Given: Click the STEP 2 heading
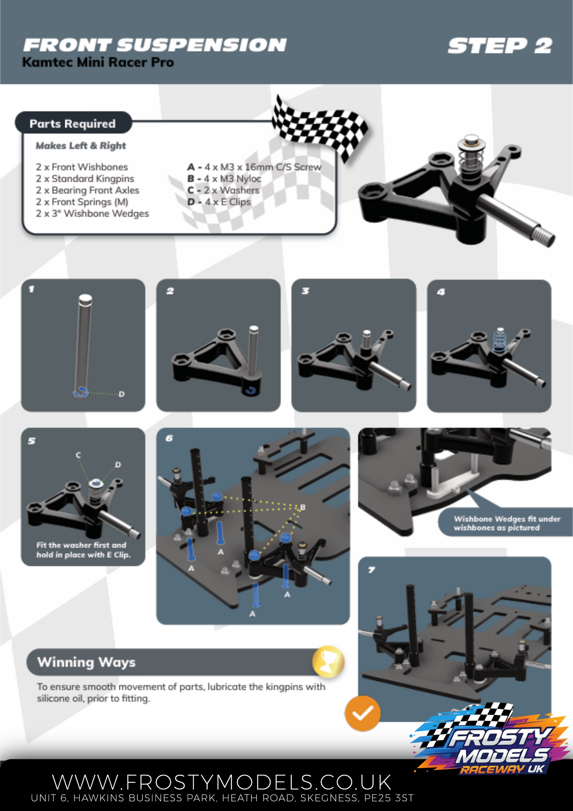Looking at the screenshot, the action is [500, 46].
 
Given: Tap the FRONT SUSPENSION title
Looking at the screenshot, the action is [155, 45].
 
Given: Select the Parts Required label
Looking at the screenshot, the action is [73, 123].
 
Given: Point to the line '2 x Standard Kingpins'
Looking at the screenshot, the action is [85, 178].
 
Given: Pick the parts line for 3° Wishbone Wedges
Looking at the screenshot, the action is [92, 213].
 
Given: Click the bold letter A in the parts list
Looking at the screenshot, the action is [191, 167].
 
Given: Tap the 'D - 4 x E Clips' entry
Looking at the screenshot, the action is [219, 202].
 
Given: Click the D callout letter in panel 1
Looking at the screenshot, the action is [121, 394].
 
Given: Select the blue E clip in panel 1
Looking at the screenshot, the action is [81, 392].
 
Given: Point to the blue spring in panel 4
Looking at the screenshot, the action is [499, 340].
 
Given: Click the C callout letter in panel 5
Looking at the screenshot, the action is [78, 455].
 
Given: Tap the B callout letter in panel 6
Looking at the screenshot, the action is [303, 507].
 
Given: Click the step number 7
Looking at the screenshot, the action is [371, 570].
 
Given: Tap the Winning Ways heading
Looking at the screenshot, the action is [86, 662].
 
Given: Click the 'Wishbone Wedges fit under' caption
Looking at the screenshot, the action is [507, 519].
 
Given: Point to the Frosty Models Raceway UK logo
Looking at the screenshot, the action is [490, 739].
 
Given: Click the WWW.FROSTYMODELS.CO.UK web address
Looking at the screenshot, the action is [222, 782].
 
